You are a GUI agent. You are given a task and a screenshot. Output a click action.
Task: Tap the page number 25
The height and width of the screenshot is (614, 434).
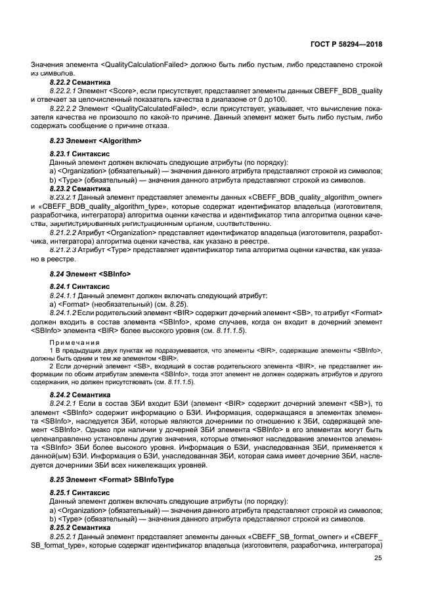tap(378, 558)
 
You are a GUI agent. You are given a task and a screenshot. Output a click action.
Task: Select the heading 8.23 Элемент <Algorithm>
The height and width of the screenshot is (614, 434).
tap(96, 141)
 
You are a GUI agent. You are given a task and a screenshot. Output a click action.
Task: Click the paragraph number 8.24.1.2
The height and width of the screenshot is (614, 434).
tap(66, 314)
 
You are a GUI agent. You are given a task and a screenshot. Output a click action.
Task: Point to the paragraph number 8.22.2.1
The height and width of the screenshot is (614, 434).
tap(65, 91)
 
